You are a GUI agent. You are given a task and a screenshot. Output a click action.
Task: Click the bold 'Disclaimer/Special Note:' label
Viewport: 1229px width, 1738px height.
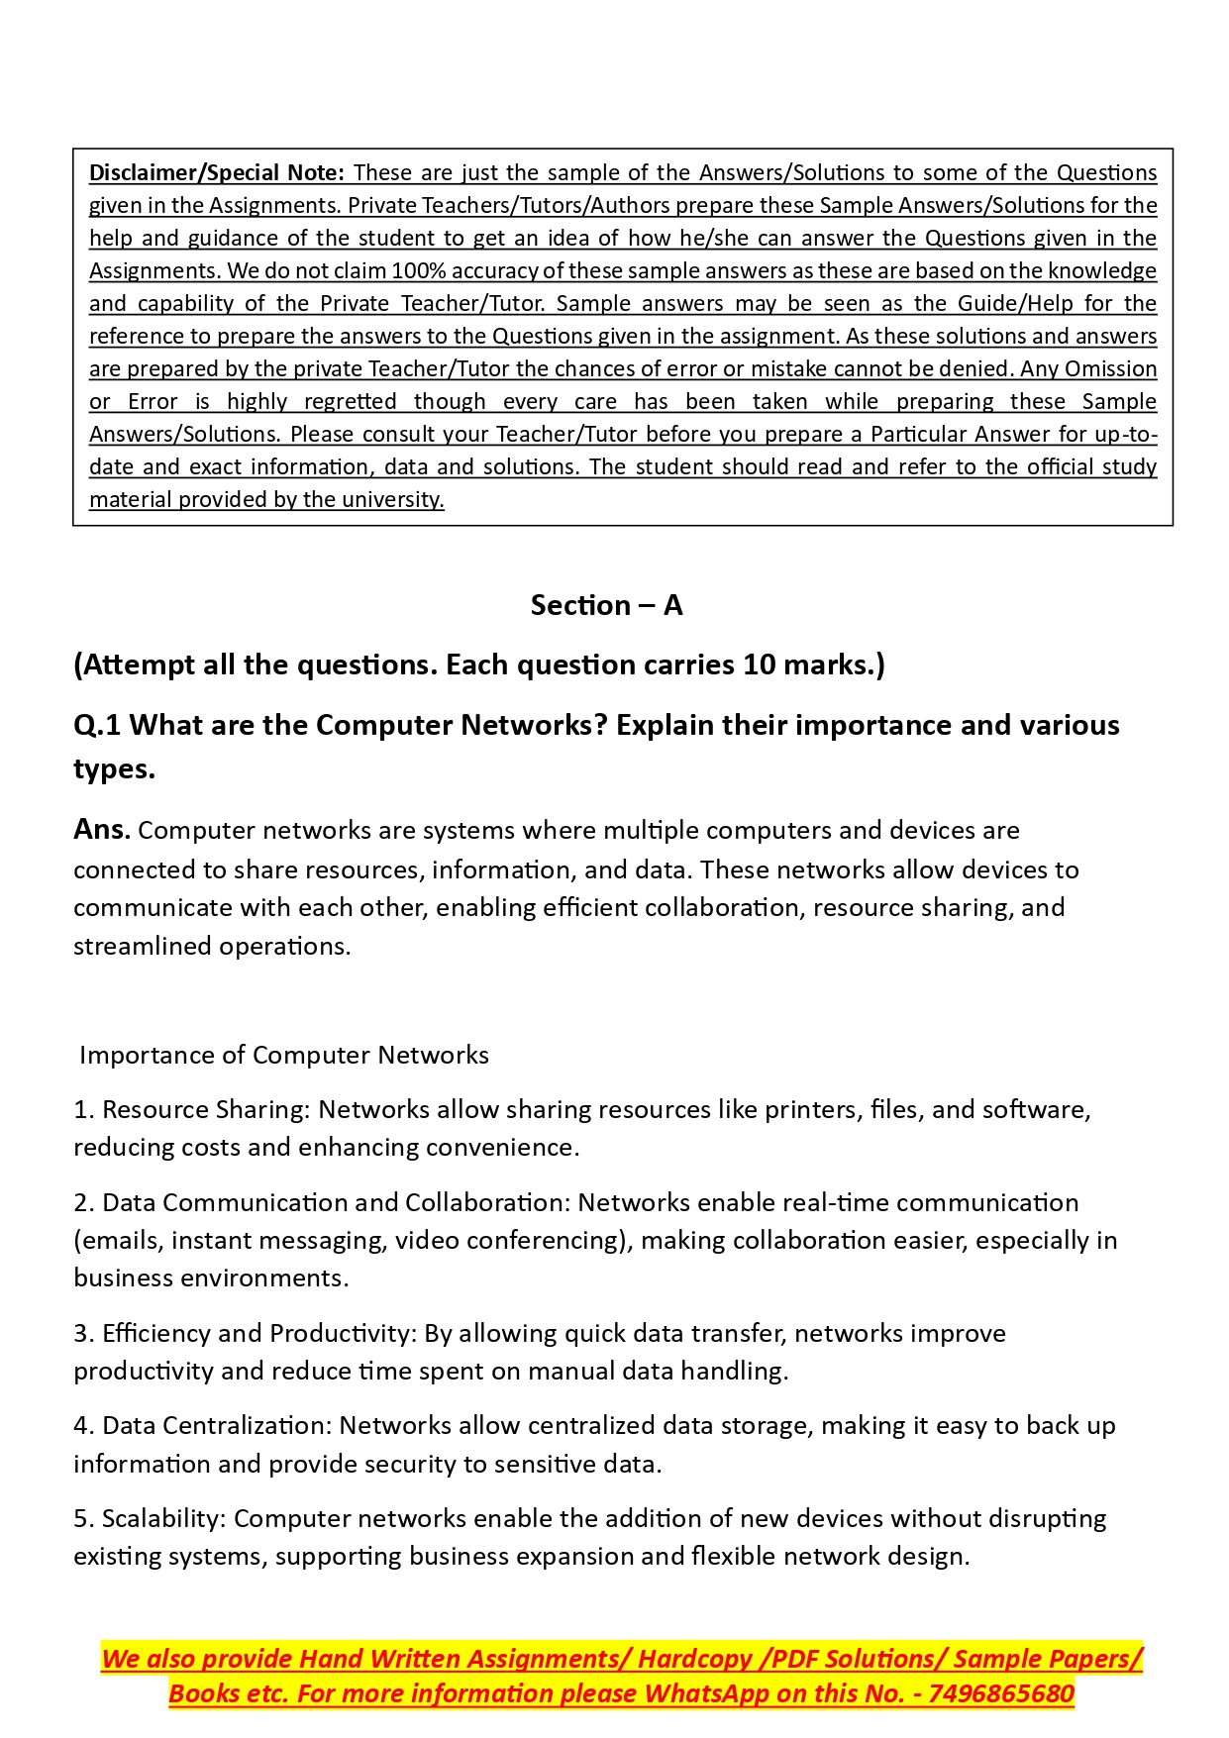point(216,172)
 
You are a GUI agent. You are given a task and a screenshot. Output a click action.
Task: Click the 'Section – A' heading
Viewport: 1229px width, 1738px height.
point(606,605)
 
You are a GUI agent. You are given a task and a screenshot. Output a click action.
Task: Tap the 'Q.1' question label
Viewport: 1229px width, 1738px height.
point(97,726)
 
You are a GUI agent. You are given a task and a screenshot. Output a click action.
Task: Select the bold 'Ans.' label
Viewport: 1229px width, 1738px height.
point(102,830)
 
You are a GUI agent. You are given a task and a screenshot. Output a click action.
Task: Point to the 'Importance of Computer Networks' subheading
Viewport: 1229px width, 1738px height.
point(284,1055)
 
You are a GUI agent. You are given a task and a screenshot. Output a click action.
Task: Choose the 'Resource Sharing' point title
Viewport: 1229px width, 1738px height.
point(205,1109)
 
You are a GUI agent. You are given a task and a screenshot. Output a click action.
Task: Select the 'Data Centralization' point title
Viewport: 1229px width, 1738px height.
point(217,1425)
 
